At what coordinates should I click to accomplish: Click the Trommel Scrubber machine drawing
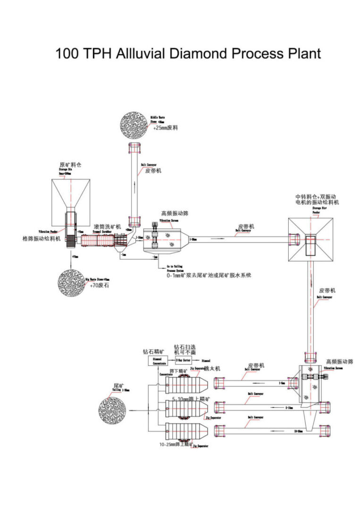pos(101,241)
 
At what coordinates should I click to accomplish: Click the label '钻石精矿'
pos(153,351)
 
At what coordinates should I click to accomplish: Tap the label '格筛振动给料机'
pos(42,238)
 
